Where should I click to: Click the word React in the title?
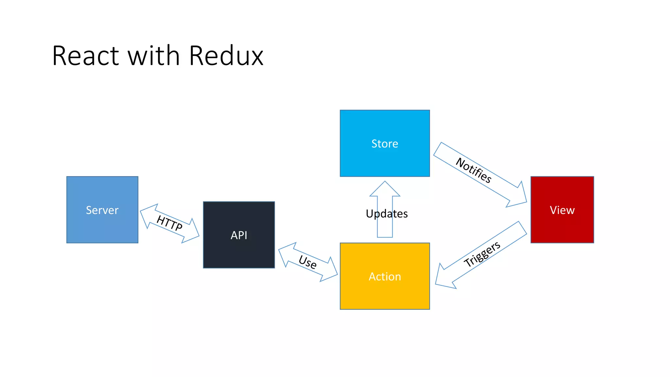pyautogui.click(x=85, y=56)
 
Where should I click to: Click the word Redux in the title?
pyautogui.click(x=226, y=56)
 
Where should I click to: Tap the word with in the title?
pyautogui.click(x=154, y=56)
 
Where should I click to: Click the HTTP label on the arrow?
pyautogui.click(x=169, y=223)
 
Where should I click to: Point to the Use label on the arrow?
pyautogui.click(x=308, y=262)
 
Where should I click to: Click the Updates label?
pyautogui.click(x=387, y=214)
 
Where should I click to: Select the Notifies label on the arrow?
pyautogui.click(x=474, y=170)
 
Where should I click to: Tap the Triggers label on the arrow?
pyautogui.click(x=482, y=254)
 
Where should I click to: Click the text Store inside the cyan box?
pyautogui.click(x=385, y=144)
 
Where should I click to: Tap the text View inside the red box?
pyautogui.click(x=562, y=210)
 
